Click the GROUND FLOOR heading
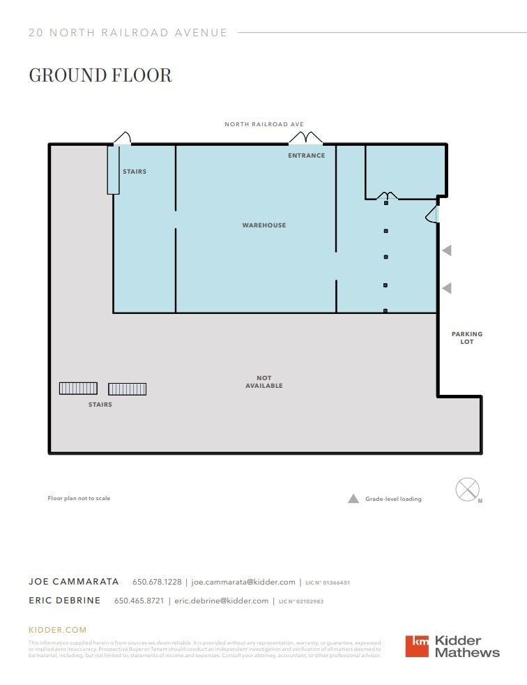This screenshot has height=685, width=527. coord(100,75)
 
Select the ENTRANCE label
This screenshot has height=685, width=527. coord(306,156)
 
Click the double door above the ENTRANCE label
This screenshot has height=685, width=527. coord(305,138)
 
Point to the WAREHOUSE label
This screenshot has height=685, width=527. coord(263,225)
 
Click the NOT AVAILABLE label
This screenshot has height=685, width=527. coord(263,382)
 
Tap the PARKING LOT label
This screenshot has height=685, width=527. coord(466,338)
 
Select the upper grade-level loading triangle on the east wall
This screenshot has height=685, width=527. coord(447,250)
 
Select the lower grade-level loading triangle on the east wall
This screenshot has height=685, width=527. coord(447,287)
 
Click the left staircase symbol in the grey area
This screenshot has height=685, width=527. coord(78,389)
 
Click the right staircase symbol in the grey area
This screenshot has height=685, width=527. coord(127,389)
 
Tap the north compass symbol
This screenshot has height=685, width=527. coord(467,489)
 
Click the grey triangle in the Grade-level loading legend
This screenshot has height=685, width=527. coord(353,499)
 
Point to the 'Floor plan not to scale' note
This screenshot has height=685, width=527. coord(79,498)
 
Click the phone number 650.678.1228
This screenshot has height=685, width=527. coord(157,582)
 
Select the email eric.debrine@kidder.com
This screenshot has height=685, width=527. coord(221,601)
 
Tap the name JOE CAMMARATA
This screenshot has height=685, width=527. coord(74,582)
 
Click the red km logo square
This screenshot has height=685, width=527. coord(418,646)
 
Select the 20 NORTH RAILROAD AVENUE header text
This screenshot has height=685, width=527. coord(128,33)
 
